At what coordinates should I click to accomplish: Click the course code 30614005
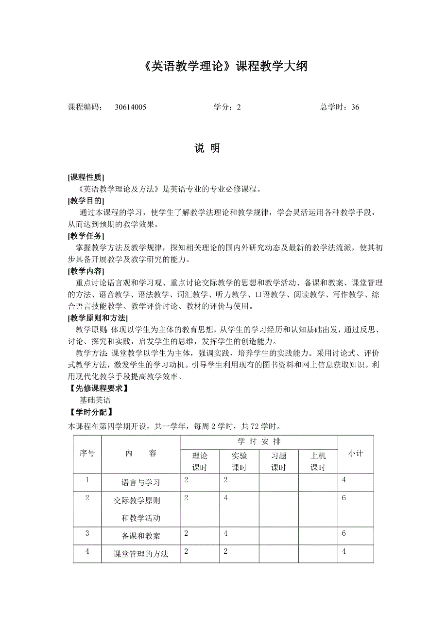tap(131, 107)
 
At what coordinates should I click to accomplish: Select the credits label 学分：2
tap(227, 107)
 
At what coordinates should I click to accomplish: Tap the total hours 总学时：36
tap(340, 107)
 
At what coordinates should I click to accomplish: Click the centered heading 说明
tap(207, 148)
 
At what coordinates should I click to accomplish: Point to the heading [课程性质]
tap(86, 177)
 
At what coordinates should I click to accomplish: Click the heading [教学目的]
tap(86, 201)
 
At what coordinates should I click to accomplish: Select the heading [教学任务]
tap(86, 236)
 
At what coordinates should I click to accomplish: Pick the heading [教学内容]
tap(86, 271)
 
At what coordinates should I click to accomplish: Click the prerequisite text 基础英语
tap(95, 400)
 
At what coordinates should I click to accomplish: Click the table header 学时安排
tap(259, 441)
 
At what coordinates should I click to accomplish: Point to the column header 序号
tap(87, 453)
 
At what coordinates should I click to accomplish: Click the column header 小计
tap(356, 453)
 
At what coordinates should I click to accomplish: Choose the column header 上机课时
tap(318, 461)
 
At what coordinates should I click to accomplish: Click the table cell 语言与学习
tap(140, 483)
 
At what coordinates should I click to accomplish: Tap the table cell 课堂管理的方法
tap(140, 554)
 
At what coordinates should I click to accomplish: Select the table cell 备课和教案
tap(140, 536)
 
